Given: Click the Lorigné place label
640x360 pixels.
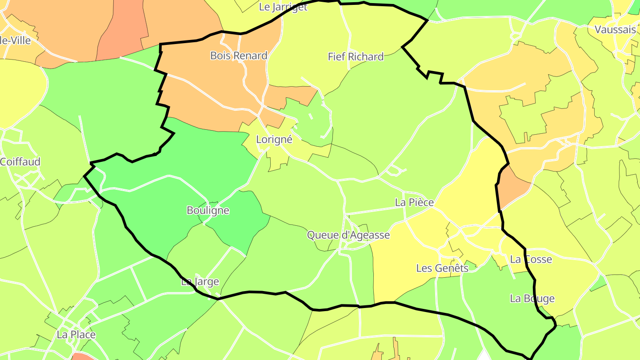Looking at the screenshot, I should [x=274, y=140].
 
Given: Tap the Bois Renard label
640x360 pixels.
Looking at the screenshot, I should [x=239, y=56].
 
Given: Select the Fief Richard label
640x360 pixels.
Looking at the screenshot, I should [x=356, y=56].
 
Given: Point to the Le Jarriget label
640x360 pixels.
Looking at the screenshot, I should [x=283, y=7].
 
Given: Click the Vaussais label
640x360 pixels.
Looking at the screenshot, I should [x=615, y=30].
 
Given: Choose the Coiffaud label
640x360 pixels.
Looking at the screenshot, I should [x=20, y=162].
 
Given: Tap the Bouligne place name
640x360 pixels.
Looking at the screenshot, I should [x=208, y=210].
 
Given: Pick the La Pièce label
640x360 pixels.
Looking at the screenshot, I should [x=414, y=203].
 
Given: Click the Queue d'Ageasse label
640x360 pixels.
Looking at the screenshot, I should [x=348, y=235].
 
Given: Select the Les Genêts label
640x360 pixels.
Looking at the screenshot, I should [x=442, y=268].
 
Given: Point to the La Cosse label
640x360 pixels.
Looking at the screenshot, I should [x=531, y=259].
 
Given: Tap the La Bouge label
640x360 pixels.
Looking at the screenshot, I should [x=532, y=298].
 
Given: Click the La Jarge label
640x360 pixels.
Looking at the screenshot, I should [x=200, y=282].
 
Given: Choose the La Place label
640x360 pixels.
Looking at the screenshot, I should [x=76, y=334].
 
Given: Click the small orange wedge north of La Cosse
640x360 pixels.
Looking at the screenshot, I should [x=511, y=187].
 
